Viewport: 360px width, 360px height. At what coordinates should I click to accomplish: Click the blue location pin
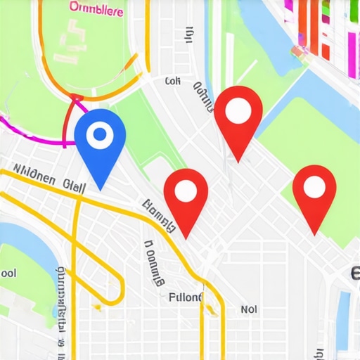[100, 141]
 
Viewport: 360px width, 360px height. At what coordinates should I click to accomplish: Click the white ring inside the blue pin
[100, 134]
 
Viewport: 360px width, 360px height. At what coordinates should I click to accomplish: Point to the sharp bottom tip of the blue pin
[101, 189]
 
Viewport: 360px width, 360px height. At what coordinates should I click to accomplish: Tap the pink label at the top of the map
[96, 9]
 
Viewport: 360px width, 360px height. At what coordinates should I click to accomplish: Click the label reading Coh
[173, 82]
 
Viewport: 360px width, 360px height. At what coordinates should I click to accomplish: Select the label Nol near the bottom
[249, 308]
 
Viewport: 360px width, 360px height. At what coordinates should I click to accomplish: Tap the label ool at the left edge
[8, 272]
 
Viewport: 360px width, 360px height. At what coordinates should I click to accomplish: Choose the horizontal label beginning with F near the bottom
[186, 297]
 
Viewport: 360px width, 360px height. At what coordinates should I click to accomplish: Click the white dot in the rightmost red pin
[314, 186]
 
